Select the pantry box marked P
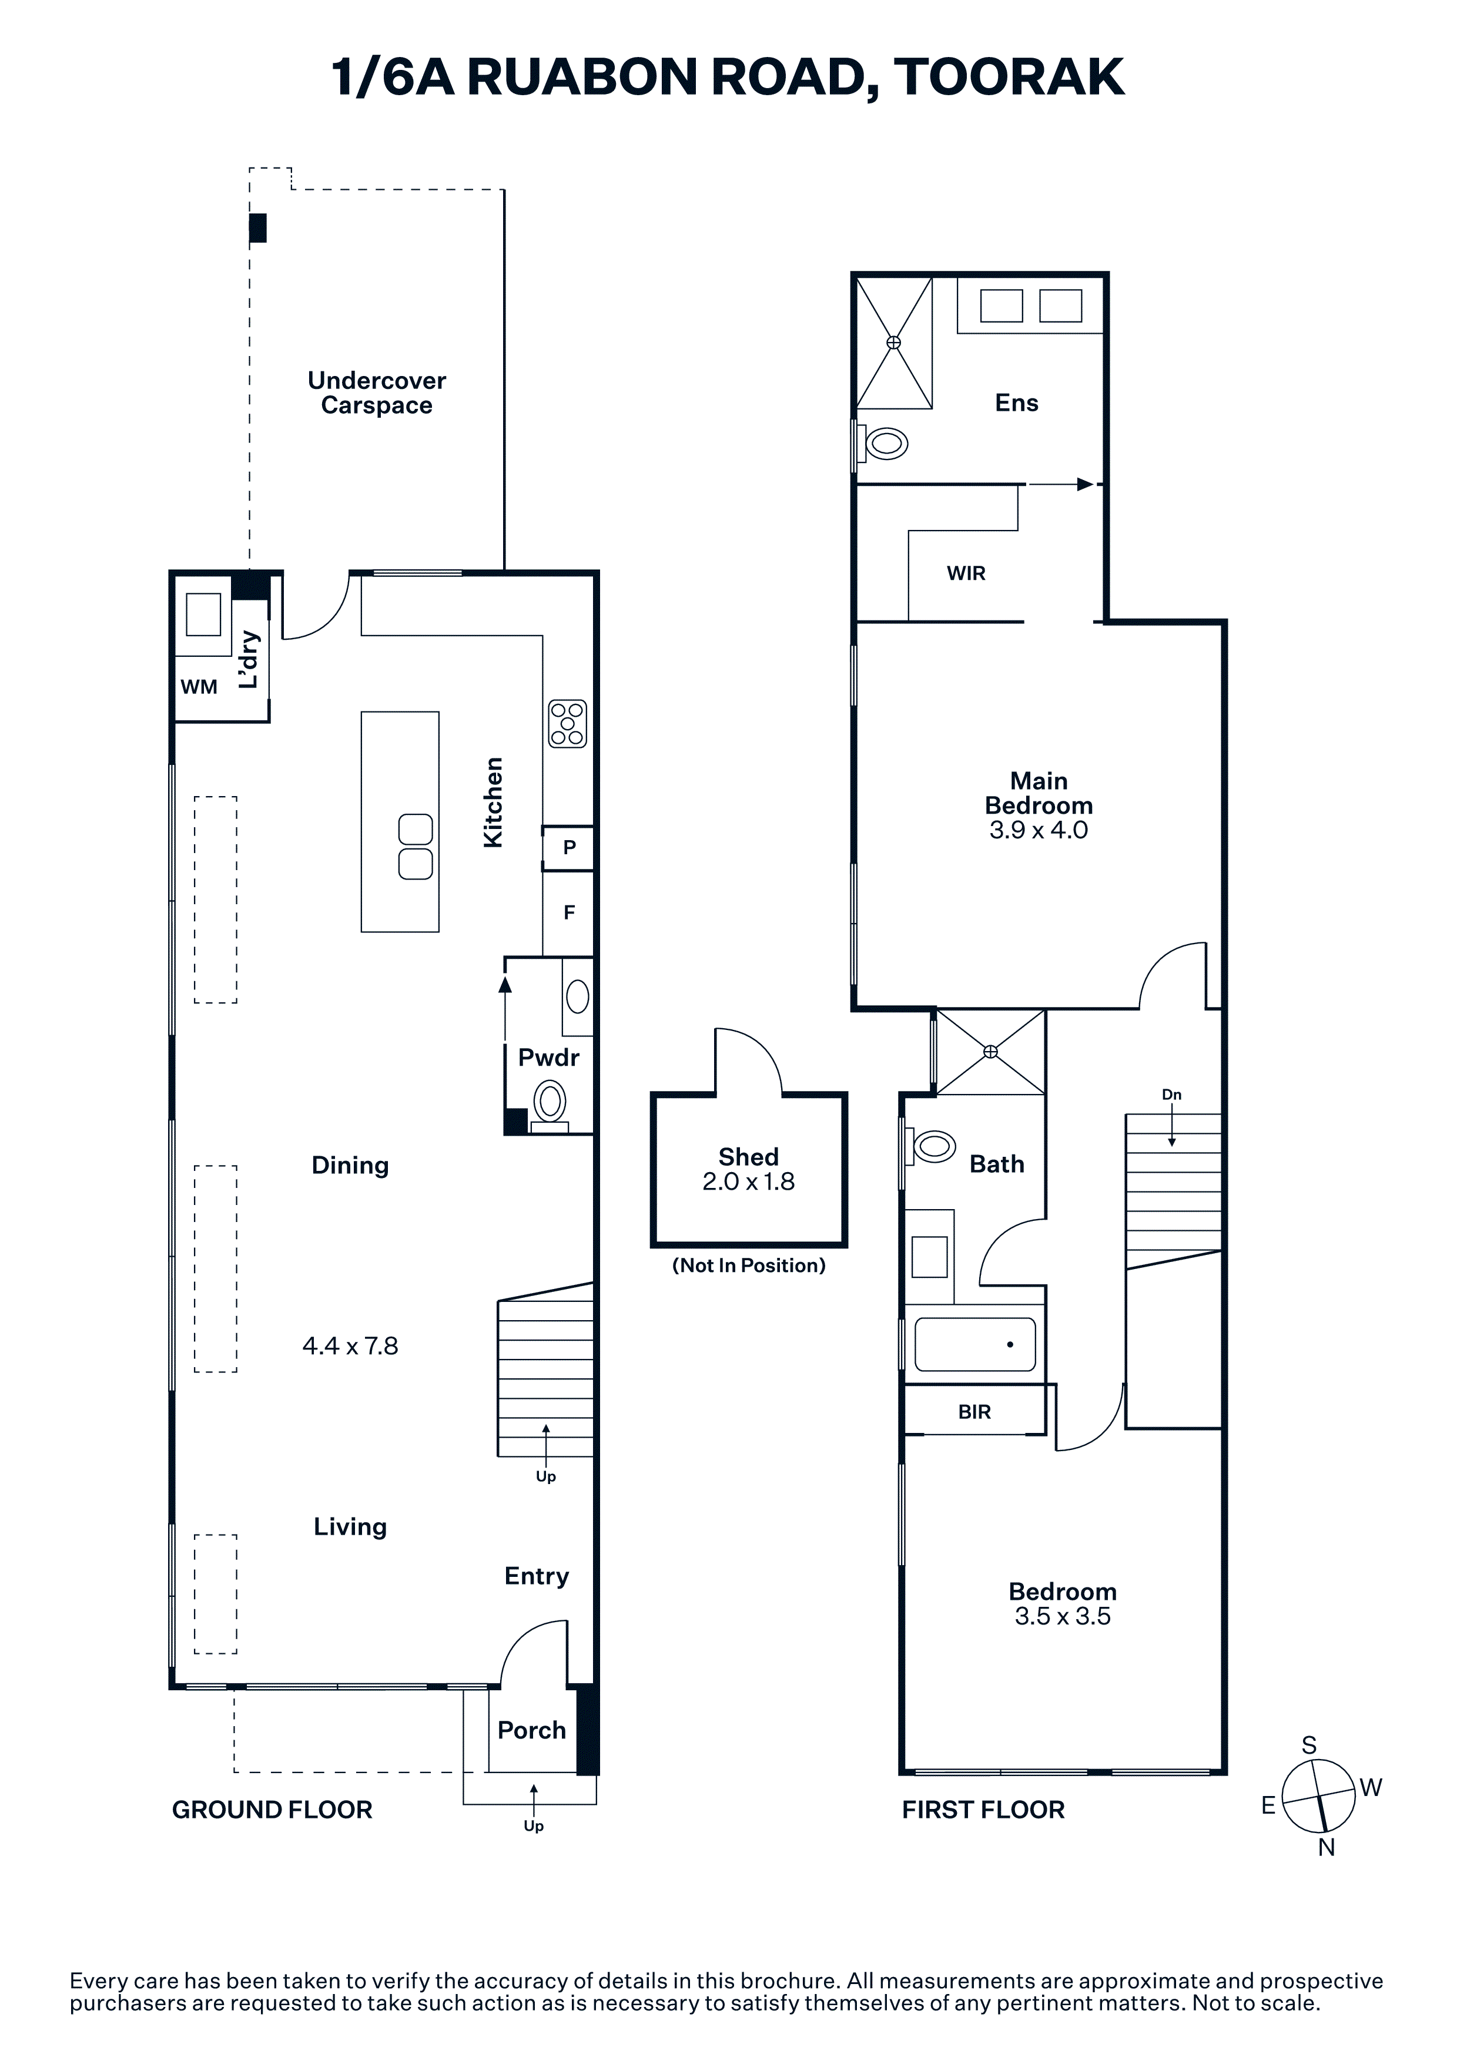(568, 847)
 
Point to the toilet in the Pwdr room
(550, 1104)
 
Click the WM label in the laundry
(199, 687)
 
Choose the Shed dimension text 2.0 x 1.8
(749, 1182)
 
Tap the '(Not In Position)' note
(749, 1266)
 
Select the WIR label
(966, 573)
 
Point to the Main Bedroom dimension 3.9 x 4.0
(1039, 830)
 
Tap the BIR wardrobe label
(974, 1412)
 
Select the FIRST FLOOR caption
(983, 1810)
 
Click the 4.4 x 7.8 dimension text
(350, 1345)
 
